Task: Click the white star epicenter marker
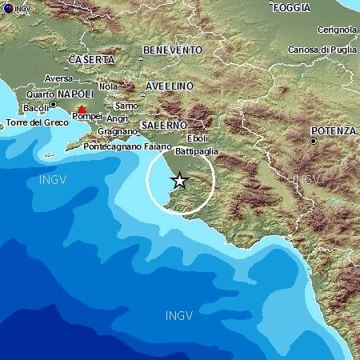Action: [180, 181]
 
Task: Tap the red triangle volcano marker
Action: [81, 108]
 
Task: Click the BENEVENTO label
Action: [172, 50]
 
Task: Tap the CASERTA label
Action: [92, 59]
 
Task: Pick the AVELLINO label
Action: [170, 86]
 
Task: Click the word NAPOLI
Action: [76, 94]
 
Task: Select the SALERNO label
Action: [163, 126]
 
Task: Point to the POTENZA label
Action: [334, 130]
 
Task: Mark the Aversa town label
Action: [58, 78]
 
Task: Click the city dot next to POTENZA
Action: [313, 142]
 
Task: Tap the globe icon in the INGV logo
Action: [7, 7]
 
